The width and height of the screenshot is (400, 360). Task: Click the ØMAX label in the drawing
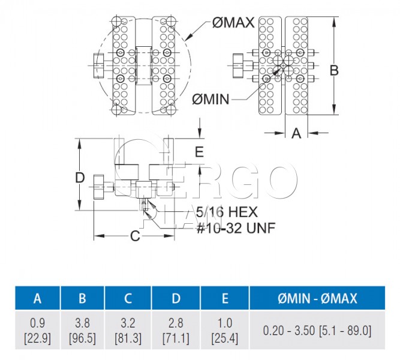pyautogui.click(x=233, y=22)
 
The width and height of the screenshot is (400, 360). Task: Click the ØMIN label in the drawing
pyautogui.click(x=210, y=99)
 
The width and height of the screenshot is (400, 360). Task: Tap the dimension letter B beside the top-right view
pyautogui.click(x=334, y=70)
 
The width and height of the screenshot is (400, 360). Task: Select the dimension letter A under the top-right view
pyautogui.click(x=296, y=133)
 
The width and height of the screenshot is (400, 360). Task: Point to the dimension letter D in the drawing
pyautogui.click(x=80, y=178)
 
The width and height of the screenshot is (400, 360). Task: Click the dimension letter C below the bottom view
pyautogui.click(x=135, y=236)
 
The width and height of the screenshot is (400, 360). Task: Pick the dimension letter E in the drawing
pyautogui.click(x=199, y=152)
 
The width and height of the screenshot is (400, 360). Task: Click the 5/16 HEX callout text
pyautogui.click(x=227, y=212)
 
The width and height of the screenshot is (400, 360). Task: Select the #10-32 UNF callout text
pyautogui.click(x=236, y=228)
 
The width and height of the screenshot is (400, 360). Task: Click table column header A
pyautogui.click(x=38, y=298)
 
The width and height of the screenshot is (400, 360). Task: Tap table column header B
pyautogui.click(x=82, y=298)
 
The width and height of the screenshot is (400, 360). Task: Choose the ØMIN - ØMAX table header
pyautogui.click(x=317, y=298)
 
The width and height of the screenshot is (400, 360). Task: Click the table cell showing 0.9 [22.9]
pyautogui.click(x=38, y=330)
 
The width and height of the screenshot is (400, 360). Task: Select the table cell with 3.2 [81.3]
pyautogui.click(x=128, y=330)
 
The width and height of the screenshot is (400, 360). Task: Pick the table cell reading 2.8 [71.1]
pyautogui.click(x=176, y=330)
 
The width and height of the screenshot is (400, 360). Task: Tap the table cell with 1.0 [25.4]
pyautogui.click(x=225, y=330)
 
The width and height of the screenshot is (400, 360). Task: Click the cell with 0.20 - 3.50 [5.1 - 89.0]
pyautogui.click(x=317, y=330)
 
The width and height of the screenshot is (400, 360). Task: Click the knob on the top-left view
pyautogui.click(x=99, y=65)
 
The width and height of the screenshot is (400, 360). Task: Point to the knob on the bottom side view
pyautogui.click(x=99, y=187)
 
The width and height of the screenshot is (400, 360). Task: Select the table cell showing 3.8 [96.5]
pyautogui.click(x=82, y=330)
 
